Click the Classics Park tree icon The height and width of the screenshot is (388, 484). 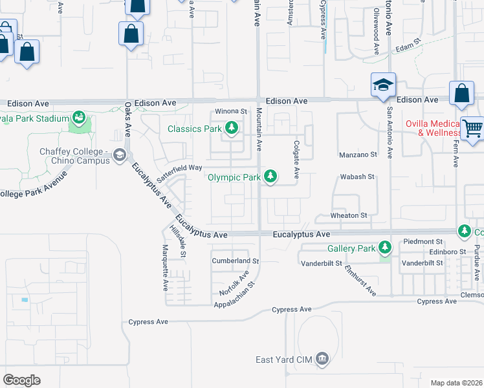tap(230, 129)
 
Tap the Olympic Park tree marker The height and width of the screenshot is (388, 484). tap(271, 177)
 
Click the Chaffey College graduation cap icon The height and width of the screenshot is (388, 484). tap(119, 155)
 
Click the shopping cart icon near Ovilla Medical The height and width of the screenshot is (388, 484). tap(472, 127)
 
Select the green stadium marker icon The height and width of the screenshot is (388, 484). tap(80, 118)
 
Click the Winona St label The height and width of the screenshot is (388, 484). tap(232, 111)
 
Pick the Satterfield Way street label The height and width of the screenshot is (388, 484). tap(179, 166)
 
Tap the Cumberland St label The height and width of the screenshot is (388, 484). tap(236, 261)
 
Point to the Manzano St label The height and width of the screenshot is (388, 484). tap(358, 155)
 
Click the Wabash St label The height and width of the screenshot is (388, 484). tap(357, 176)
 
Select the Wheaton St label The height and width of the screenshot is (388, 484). tap(349, 215)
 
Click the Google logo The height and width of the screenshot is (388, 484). tap(21, 380)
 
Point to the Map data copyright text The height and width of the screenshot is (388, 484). tap(456, 383)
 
